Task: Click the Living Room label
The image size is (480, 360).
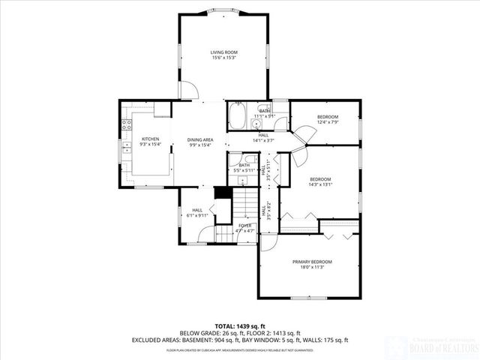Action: pyautogui.click(x=223, y=52)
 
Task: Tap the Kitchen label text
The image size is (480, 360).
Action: pyautogui.click(x=151, y=139)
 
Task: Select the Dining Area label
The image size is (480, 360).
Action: pyautogui.click(x=200, y=139)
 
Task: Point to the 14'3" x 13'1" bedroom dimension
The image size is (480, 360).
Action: pyautogui.click(x=321, y=185)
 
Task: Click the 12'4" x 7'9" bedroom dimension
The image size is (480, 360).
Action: pyautogui.click(x=328, y=123)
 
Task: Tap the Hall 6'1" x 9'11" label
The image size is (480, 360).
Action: pyautogui.click(x=197, y=213)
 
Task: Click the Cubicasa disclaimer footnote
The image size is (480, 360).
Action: pyautogui.click(x=239, y=350)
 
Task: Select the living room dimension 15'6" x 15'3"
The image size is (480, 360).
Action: pyautogui.click(x=223, y=58)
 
